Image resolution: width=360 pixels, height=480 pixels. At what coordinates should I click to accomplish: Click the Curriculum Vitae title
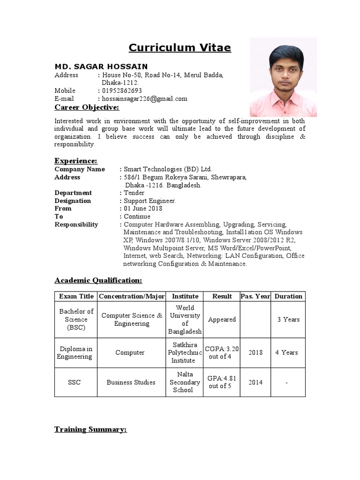coord(180,48)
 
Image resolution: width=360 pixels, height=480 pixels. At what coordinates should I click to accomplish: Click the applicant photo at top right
coord(283,77)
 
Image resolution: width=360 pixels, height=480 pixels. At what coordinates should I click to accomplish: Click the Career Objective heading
coord(87,108)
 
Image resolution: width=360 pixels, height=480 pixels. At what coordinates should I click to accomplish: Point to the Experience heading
coord(76,161)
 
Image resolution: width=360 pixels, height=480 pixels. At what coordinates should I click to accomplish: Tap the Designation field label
coord(73,201)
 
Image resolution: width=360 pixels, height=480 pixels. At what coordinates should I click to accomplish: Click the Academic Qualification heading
coord(98,280)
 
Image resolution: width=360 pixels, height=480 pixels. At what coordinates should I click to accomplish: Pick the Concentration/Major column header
coord(132,296)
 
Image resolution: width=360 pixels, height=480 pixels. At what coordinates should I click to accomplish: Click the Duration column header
coord(288,296)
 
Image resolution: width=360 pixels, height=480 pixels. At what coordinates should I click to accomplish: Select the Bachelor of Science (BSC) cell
coord(76,320)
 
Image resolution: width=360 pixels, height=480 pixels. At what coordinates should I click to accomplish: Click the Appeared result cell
coord(222,320)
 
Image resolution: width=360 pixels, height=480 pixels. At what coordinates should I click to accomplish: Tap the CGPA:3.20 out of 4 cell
coord(222,352)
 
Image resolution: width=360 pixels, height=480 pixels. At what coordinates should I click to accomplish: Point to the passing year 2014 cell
coord(255,382)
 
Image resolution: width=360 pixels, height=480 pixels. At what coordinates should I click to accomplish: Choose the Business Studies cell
coord(131,382)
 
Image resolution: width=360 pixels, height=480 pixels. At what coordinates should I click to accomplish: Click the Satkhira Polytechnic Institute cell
coord(185,352)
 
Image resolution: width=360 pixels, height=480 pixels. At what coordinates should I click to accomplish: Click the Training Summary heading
coord(90,429)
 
